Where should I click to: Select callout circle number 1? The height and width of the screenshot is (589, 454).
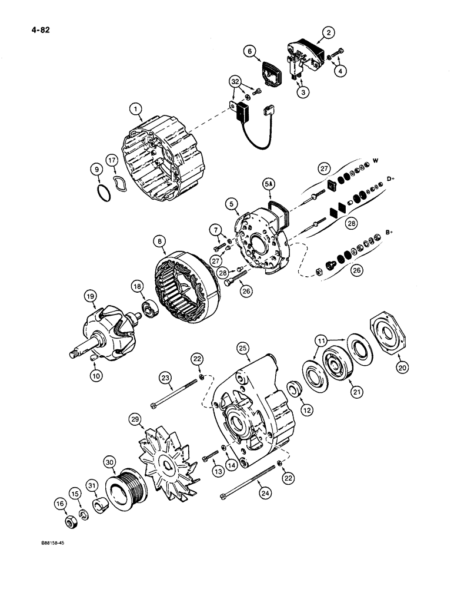point(136,109)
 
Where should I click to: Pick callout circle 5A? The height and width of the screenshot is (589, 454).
point(269,184)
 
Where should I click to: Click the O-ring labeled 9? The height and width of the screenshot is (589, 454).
point(103,193)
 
